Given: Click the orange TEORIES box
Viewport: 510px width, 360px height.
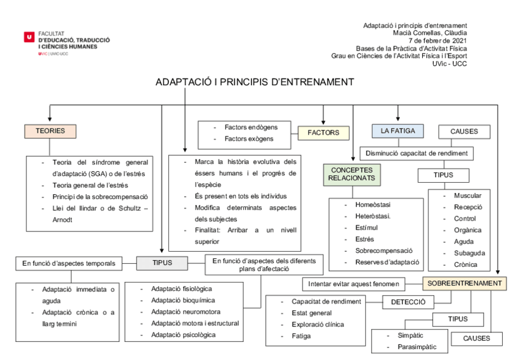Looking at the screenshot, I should (x=50, y=130).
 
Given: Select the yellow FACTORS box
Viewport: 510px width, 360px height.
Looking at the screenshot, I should (x=324, y=132).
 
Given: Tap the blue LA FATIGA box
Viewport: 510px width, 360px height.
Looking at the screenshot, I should (x=398, y=130).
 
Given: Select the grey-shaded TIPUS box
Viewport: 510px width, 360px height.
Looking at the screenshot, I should (x=162, y=263).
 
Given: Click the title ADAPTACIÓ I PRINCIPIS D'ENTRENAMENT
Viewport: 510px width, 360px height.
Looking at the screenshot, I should (x=255, y=82).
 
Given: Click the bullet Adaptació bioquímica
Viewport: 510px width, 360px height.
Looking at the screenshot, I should (x=183, y=300).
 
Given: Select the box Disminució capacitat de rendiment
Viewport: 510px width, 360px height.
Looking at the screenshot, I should (x=417, y=153).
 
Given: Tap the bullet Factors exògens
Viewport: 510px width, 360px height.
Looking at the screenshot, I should (x=248, y=138).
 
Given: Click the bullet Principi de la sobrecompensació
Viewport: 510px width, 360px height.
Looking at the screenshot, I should (x=100, y=197).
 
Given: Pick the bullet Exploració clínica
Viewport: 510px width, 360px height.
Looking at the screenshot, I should (x=318, y=325).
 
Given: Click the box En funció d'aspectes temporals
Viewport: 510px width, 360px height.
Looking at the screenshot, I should (x=69, y=263).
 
